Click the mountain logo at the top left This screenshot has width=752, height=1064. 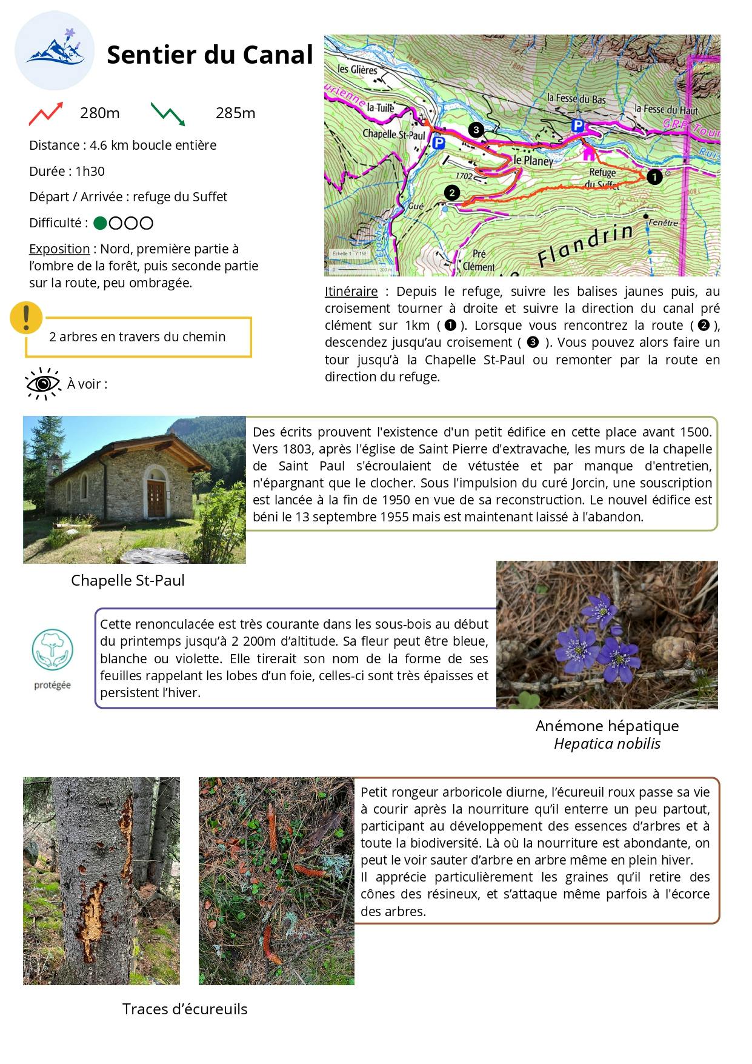tap(55, 50)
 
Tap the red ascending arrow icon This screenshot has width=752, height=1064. tap(46, 113)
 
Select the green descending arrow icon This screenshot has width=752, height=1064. tap(168, 113)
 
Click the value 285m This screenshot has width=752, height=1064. tap(235, 113)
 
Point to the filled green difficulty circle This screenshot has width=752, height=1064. tap(100, 223)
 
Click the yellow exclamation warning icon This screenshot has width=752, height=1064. tap(26, 317)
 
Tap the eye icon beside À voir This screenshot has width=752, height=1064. tap(42, 384)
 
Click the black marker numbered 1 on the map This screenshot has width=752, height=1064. tap(654, 176)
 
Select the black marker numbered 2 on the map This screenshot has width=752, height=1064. tap(451, 193)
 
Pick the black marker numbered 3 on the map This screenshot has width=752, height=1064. tap(476, 129)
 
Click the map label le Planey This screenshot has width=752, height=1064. tap(533, 161)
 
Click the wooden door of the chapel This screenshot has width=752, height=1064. tap(156, 498)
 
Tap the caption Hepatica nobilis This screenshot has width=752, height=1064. tap(607, 744)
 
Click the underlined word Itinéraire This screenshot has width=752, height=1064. tap(351, 292)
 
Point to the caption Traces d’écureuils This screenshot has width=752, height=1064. tap(185, 1009)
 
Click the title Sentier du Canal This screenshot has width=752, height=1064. tap(210, 55)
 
